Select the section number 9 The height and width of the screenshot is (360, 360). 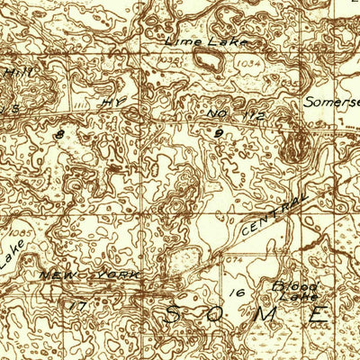[x=218, y=133]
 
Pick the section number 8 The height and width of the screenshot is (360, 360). [x=60, y=134]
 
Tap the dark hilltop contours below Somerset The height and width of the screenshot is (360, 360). [x=294, y=146]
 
